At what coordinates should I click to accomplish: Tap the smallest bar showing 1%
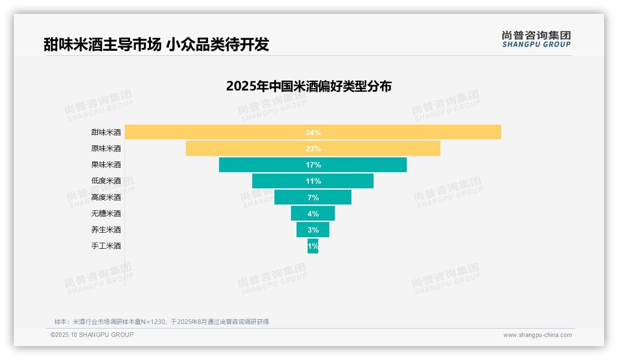coord(313,246)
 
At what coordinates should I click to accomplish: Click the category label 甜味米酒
coord(106,132)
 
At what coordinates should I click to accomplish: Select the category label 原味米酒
coord(106,149)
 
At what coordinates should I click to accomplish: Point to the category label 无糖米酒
coord(106,214)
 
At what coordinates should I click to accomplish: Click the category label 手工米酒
coord(106,246)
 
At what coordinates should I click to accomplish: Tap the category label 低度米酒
coord(106,181)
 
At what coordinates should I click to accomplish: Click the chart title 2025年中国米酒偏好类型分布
coord(309,86)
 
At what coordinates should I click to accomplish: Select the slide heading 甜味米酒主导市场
coord(102,44)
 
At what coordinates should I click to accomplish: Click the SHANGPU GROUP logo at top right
coord(536,39)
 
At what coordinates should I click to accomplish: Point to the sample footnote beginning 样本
coord(161,322)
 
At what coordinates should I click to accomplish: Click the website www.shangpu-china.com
coord(537,335)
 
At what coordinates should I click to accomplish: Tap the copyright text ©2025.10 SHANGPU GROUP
coord(92,335)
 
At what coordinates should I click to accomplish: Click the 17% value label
coord(313,165)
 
